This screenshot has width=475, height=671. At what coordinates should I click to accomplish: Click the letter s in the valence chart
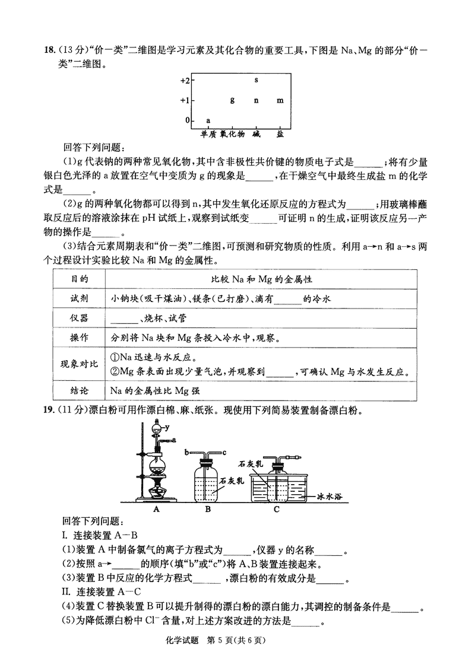[x=256, y=79]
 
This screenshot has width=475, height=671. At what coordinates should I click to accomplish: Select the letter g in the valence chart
[x=232, y=100]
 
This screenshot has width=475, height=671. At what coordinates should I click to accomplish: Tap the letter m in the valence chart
[x=280, y=100]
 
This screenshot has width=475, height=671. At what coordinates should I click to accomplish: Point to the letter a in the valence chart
[x=208, y=120]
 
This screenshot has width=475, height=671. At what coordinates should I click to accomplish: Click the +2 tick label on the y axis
[x=185, y=80]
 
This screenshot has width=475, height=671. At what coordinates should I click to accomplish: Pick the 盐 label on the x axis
[x=280, y=134]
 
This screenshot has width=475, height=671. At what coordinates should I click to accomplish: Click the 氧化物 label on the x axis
[x=232, y=134]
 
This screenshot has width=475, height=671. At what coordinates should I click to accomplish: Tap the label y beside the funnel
[x=168, y=427]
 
